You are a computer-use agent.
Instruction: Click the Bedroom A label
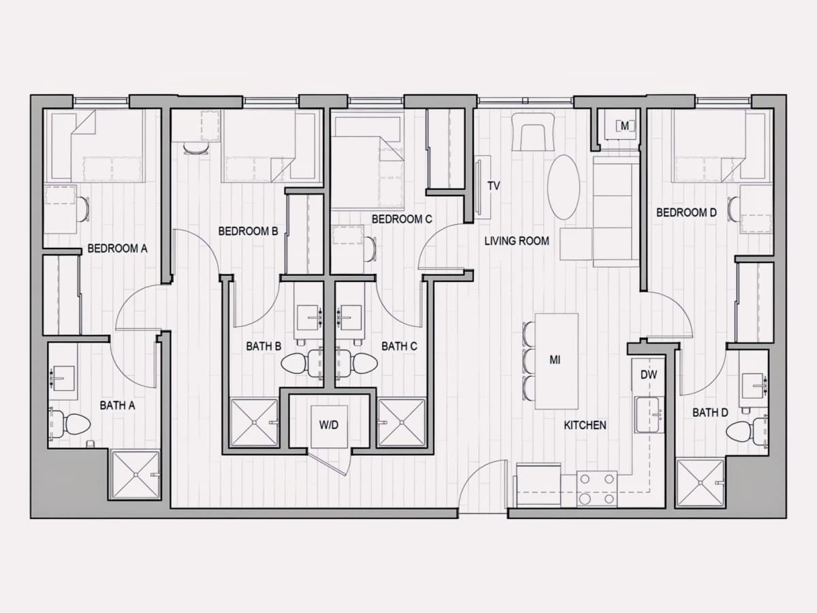click(117, 248)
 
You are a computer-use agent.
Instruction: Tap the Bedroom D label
click(686, 213)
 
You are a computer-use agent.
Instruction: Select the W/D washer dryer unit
click(329, 426)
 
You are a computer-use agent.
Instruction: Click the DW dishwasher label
click(649, 375)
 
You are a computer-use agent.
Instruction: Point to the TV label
click(494, 186)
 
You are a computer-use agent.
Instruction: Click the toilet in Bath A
click(70, 424)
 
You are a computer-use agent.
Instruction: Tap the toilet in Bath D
click(746, 433)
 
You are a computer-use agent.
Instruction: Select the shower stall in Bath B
click(255, 422)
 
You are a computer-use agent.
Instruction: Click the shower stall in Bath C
click(402, 422)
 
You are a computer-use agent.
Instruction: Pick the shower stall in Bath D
click(701, 483)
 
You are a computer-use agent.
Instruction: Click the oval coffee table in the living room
click(564, 187)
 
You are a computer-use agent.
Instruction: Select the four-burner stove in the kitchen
click(596, 489)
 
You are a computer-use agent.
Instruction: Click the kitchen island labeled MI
click(556, 361)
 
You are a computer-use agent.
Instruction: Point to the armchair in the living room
click(533, 132)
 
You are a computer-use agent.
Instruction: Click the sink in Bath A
click(63, 378)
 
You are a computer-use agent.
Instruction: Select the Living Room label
click(517, 241)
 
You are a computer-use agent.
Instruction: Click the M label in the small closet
click(625, 127)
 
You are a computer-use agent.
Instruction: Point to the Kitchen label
click(585, 425)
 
